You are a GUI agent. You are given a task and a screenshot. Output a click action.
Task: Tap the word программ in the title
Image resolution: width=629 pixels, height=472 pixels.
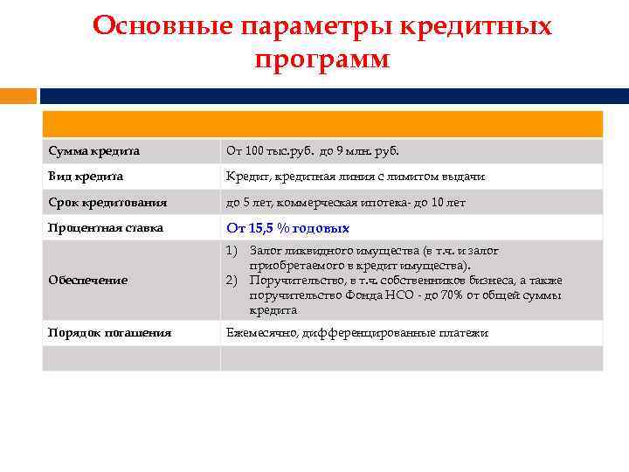(322, 59)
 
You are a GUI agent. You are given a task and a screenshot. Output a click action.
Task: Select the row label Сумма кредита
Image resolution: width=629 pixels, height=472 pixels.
(93, 151)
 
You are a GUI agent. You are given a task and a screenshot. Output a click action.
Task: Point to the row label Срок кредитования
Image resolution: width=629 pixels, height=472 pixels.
(107, 202)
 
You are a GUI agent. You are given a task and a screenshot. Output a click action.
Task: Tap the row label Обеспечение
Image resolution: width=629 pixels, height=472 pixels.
(88, 280)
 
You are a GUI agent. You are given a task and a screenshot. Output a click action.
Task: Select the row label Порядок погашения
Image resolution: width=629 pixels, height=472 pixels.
(109, 333)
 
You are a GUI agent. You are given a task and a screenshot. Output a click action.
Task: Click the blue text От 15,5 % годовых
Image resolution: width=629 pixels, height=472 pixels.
(287, 228)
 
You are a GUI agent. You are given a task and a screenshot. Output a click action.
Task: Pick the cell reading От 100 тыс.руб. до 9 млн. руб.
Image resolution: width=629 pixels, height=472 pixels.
(312, 151)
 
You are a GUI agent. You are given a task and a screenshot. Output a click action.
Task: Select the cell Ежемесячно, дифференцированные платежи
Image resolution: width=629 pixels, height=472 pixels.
(356, 333)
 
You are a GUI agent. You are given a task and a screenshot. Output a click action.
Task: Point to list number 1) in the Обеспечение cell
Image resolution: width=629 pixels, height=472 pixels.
(232, 251)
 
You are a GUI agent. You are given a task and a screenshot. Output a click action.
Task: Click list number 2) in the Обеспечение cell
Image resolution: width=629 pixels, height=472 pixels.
(232, 281)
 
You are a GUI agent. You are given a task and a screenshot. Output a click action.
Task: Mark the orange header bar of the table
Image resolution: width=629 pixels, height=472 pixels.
(322, 124)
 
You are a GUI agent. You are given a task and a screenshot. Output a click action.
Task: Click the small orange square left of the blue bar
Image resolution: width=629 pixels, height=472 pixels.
(17, 95)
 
